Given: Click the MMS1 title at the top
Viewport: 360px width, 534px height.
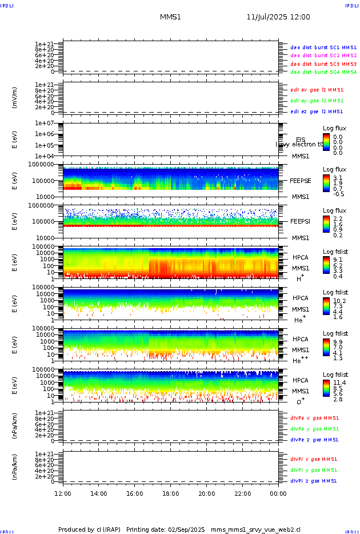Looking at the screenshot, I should coord(170,17).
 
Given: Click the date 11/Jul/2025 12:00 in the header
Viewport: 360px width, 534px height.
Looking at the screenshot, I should coord(278,17).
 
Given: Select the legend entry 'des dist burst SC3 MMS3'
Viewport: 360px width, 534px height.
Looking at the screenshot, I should coord(323,64).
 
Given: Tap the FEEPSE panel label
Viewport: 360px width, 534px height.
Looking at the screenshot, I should coord(301,181).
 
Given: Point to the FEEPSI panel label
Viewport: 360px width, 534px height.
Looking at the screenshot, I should coord(301,221).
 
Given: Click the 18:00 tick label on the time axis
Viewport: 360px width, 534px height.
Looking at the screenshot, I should coord(170,493).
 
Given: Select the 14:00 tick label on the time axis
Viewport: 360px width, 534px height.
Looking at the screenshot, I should coord(99,493).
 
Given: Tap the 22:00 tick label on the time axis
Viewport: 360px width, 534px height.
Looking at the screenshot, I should coord(242,493).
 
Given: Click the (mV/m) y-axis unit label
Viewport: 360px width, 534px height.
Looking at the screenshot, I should coord(15,98).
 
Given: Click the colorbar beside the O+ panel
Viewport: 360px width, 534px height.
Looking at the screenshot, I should coord(326,387).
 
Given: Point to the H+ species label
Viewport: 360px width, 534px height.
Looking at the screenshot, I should coord(299,278).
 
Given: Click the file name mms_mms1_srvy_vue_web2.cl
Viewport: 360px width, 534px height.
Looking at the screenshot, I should coord(255,529).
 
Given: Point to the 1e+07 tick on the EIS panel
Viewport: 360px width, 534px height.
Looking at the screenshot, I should coord(45,123).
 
